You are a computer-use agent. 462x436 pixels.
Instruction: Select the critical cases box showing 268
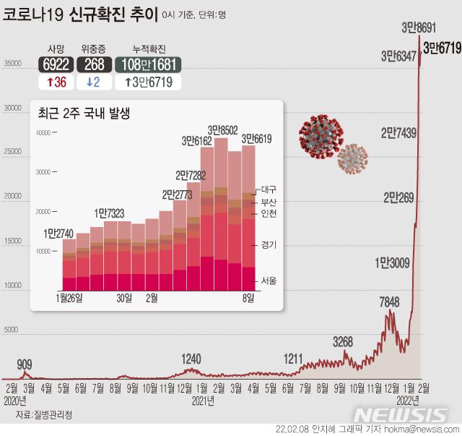[x=93, y=64]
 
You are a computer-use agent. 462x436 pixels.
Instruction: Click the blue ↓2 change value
[x=93, y=82]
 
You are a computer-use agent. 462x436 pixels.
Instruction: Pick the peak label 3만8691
[x=419, y=28]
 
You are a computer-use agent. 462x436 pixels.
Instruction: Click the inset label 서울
[x=268, y=281]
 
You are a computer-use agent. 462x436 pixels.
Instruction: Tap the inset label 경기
[x=268, y=245]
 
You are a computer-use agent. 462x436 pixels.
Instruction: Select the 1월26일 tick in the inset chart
[x=69, y=298]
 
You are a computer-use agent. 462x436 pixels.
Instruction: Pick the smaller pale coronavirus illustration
[x=352, y=159]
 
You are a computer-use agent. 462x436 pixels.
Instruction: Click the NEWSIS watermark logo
[x=401, y=414]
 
